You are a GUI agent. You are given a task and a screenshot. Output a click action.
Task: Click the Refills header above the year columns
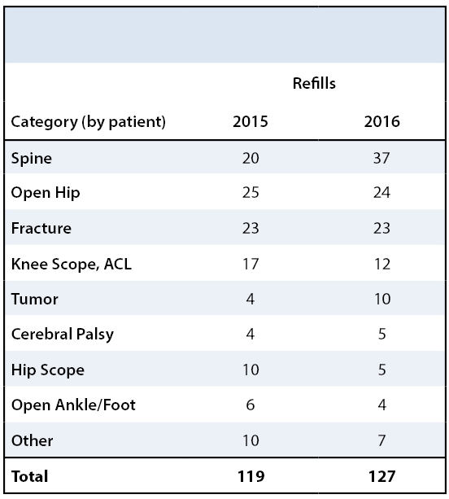tap(314, 83)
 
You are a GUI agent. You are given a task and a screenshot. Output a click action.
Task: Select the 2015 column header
tap(251, 121)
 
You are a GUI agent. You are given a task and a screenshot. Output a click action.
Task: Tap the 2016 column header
tap(381, 121)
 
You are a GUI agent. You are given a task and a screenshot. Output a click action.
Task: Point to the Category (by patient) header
tap(89, 122)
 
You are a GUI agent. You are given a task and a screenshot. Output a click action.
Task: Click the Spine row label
tap(32, 159)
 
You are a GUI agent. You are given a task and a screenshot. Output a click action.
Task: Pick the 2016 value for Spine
tap(381, 158)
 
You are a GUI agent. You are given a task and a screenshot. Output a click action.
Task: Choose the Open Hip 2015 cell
tap(251, 193)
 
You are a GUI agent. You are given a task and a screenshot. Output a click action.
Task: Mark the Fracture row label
tap(41, 228)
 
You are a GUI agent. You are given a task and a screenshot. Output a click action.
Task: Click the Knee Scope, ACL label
tap(72, 264)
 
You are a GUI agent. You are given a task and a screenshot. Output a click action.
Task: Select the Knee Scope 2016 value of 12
tap(382, 264)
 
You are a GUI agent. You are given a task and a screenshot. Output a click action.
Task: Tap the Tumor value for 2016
tap(382, 299)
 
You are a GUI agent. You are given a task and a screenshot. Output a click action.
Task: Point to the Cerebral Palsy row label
tap(63, 335)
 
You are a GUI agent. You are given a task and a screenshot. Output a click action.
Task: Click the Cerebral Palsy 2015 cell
tap(251, 334)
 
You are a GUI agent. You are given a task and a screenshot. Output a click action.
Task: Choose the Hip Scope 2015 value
tap(251, 370)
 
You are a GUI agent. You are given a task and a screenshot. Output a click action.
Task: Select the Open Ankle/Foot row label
tap(73, 405)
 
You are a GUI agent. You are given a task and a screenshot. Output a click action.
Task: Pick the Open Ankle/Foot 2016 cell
tap(382, 405)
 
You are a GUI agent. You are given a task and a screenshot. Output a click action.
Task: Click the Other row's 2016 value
tap(382, 440)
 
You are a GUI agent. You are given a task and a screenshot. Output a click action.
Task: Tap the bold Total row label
tap(30, 476)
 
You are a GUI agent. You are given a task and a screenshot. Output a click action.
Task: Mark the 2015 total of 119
tap(251, 476)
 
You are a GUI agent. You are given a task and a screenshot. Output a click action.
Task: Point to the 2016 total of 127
tap(382, 476)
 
